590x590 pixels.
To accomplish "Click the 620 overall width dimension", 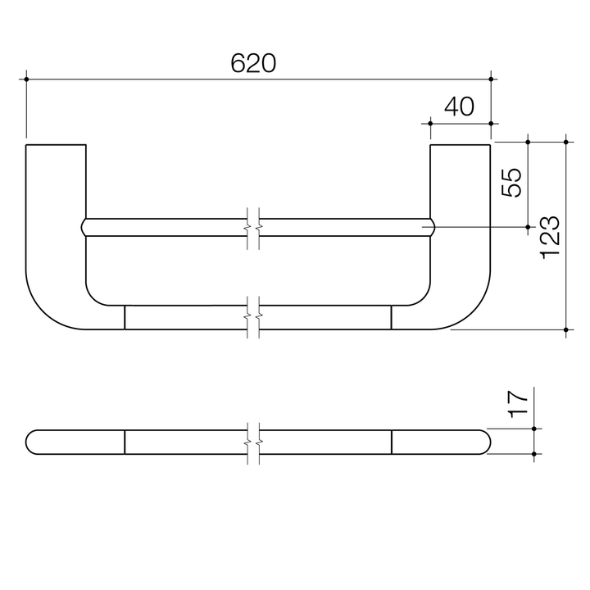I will [253, 64].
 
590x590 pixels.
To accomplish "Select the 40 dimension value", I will [460, 107].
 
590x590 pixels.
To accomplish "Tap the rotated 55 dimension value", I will [511, 182].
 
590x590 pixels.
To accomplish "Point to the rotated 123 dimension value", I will [550, 238].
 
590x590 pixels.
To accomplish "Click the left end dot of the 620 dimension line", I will [26, 79].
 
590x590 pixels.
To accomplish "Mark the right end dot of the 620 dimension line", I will [491, 79].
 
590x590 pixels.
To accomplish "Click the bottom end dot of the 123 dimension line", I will [566, 329].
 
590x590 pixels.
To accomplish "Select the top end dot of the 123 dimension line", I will [566, 142].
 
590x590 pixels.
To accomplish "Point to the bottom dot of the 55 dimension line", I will [529, 226].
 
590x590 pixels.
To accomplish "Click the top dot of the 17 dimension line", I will [533, 429].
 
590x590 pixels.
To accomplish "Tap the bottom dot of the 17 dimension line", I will [533, 453].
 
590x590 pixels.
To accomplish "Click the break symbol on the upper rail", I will [254, 227].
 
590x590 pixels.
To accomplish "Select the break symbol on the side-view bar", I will [254, 441].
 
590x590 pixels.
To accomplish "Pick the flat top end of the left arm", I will [56, 145].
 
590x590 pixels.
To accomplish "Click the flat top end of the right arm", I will [461, 145].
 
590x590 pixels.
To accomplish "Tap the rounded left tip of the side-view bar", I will [29, 441].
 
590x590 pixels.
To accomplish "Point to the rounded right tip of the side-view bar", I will [488, 441].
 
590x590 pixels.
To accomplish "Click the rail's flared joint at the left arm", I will [84, 227].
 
